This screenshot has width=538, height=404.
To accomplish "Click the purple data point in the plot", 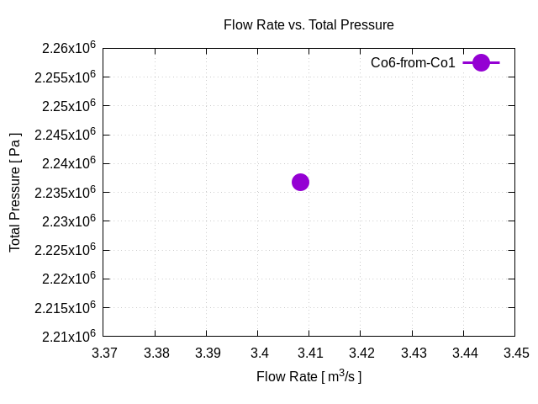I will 300,182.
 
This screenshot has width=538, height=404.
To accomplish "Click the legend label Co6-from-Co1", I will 413,62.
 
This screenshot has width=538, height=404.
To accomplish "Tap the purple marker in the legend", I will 481,62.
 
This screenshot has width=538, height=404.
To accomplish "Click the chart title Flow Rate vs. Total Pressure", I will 309,25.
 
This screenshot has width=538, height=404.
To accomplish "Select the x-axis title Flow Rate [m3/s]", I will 309,376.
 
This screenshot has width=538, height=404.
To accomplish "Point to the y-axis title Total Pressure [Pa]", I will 15,192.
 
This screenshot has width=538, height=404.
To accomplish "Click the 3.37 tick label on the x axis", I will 105,353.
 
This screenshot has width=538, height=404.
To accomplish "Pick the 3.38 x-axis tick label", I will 156,353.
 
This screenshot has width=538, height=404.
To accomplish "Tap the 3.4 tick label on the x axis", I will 259,353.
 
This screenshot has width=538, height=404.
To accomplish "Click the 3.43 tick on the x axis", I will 413,353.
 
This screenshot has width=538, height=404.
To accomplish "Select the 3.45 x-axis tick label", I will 515,353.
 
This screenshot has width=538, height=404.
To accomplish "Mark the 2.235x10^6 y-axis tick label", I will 66,192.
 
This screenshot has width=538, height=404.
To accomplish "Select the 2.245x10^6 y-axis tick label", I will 66,135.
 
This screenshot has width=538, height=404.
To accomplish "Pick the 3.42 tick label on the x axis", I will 361,353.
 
